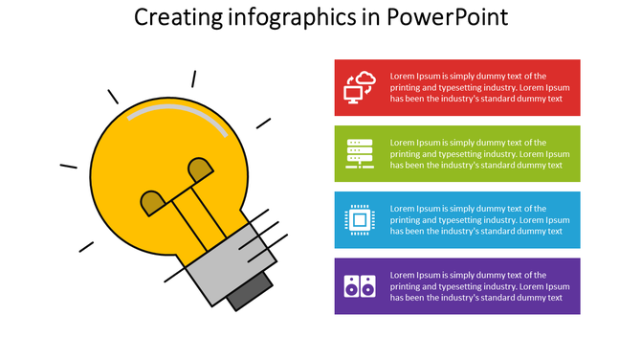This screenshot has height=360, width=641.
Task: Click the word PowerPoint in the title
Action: pos(448,17)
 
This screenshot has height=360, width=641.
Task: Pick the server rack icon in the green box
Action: pos(360,153)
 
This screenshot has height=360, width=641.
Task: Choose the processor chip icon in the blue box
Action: pos(360,220)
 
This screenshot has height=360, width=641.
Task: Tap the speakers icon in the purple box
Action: pos(360,285)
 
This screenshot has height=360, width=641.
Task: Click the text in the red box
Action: pos(480,87)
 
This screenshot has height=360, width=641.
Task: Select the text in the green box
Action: pos(480,153)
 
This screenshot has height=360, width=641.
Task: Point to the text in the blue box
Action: pos(480,220)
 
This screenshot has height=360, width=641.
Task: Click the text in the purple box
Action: pos(480,285)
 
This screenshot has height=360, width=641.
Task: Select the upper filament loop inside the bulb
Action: pos(200,169)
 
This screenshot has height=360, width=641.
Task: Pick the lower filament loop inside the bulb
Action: pos(152,202)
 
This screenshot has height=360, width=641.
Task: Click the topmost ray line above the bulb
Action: pos(193,79)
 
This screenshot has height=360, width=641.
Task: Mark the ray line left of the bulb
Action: pos(68,167)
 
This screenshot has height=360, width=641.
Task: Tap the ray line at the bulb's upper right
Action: pos(263,123)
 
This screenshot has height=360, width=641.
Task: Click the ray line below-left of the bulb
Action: pos(86,246)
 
